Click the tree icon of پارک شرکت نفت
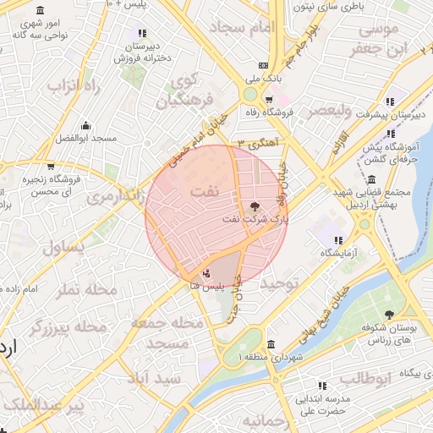255,205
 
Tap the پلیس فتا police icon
207,273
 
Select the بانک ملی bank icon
264,65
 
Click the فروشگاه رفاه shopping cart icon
268,99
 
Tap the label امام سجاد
251,28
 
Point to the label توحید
280,284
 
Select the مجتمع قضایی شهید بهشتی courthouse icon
373,179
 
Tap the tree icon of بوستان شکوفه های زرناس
389,315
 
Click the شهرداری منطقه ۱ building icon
270,345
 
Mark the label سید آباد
157,378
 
